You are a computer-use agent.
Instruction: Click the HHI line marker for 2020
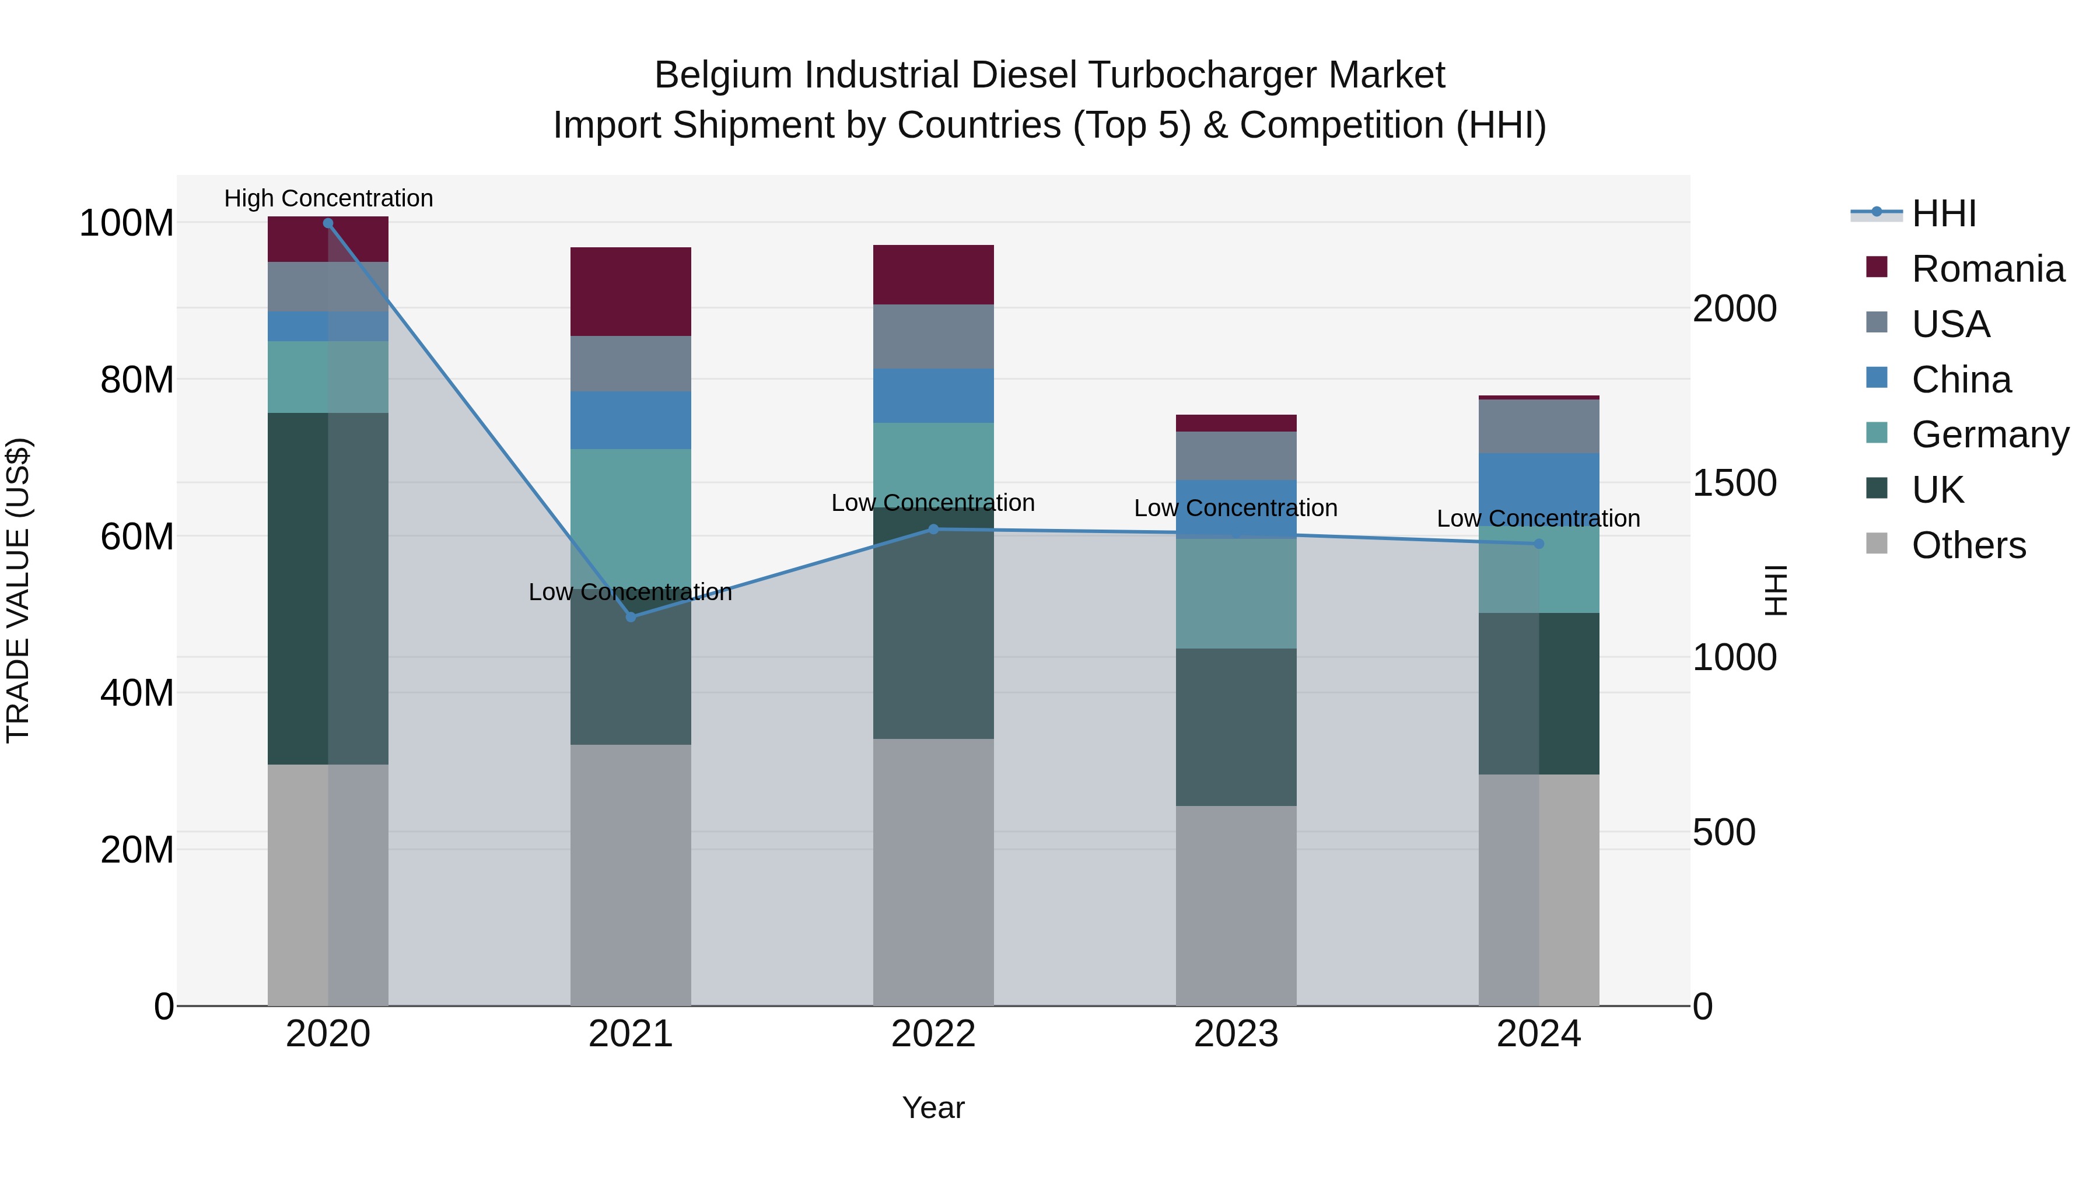(x=328, y=223)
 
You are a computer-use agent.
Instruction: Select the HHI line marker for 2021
(x=630, y=617)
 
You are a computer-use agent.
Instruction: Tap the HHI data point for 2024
(x=1538, y=544)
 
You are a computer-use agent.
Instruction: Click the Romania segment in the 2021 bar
(x=630, y=291)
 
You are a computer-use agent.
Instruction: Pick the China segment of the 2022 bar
(x=933, y=395)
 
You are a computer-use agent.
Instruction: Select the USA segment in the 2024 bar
(x=1538, y=426)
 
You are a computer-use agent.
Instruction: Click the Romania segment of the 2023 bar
(x=1236, y=423)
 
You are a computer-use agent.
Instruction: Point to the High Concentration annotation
(x=328, y=198)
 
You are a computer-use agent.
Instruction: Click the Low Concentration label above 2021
(x=630, y=592)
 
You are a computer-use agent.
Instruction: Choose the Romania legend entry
(x=1987, y=269)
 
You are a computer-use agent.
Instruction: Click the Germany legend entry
(x=1989, y=434)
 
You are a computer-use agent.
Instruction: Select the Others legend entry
(x=1968, y=545)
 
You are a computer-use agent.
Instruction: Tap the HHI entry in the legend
(x=1944, y=213)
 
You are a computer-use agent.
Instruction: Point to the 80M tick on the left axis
(x=137, y=380)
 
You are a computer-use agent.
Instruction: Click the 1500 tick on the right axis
(x=1734, y=483)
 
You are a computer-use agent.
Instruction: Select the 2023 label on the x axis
(x=1236, y=1034)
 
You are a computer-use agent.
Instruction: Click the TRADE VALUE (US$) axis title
(x=18, y=590)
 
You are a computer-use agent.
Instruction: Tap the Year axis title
(x=933, y=1108)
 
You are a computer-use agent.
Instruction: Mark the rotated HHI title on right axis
(x=1774, y=590)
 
